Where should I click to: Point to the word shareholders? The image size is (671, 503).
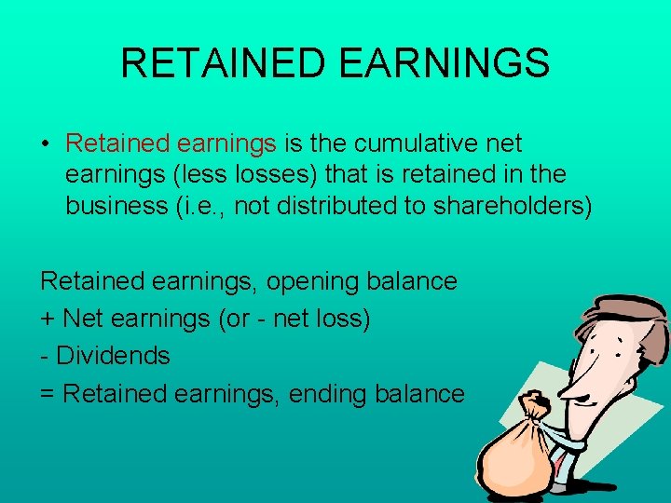[x=512, y=206]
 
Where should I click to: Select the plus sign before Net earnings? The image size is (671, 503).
[x=48, y=319]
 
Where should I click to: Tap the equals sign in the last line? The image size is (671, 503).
[x=48, y=394]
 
